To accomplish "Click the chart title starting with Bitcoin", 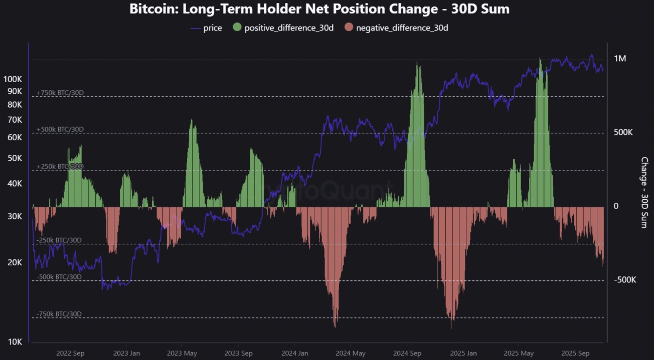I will tap(319, 9).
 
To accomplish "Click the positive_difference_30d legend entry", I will tap(283, 28).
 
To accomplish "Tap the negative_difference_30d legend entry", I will tap(396, 28).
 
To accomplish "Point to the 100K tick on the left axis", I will tap(13, 79).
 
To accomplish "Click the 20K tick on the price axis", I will tap(15, 262).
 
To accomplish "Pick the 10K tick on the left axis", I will tap(15, 341).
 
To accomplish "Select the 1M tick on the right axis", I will tap(620, 59).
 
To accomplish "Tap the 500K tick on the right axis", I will tap(623, 132).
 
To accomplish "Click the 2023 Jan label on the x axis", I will tap(127, 353).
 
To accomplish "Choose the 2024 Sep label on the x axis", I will tap(407, 353).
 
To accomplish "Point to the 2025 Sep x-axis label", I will tap(576, 353).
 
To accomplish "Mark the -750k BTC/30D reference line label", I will tap(59, 314).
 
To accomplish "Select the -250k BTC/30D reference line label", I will tap(59, 240).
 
